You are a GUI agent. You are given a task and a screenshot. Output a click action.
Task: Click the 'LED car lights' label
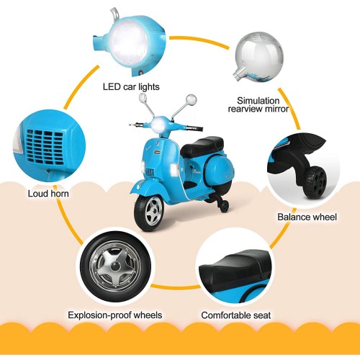click(131, 87)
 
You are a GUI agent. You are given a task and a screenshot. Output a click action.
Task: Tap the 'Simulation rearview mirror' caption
click(258, 104)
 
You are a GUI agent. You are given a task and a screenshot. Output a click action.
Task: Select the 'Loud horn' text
click(48, 194)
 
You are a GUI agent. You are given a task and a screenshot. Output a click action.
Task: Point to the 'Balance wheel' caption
click(307, 217)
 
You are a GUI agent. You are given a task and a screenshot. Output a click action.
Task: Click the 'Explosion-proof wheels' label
click(115, 315)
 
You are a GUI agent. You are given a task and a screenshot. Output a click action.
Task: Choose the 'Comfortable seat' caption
click(236, 315)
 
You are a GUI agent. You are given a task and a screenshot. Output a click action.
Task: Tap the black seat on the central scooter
click(202, 146)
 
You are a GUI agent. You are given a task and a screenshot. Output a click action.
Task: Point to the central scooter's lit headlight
click(158, 125)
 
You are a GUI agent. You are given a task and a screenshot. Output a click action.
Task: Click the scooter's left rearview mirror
click(143, 97)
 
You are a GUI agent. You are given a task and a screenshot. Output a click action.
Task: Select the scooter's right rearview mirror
click(192, 99)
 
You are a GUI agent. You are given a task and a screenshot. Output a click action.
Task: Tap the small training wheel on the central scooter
click(224, 206)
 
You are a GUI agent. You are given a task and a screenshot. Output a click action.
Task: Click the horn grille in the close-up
click(45, 147)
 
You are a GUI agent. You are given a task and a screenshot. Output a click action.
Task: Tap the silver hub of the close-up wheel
click(115, 266)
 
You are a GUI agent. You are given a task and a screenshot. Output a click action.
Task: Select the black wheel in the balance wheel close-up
click(315, 183)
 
